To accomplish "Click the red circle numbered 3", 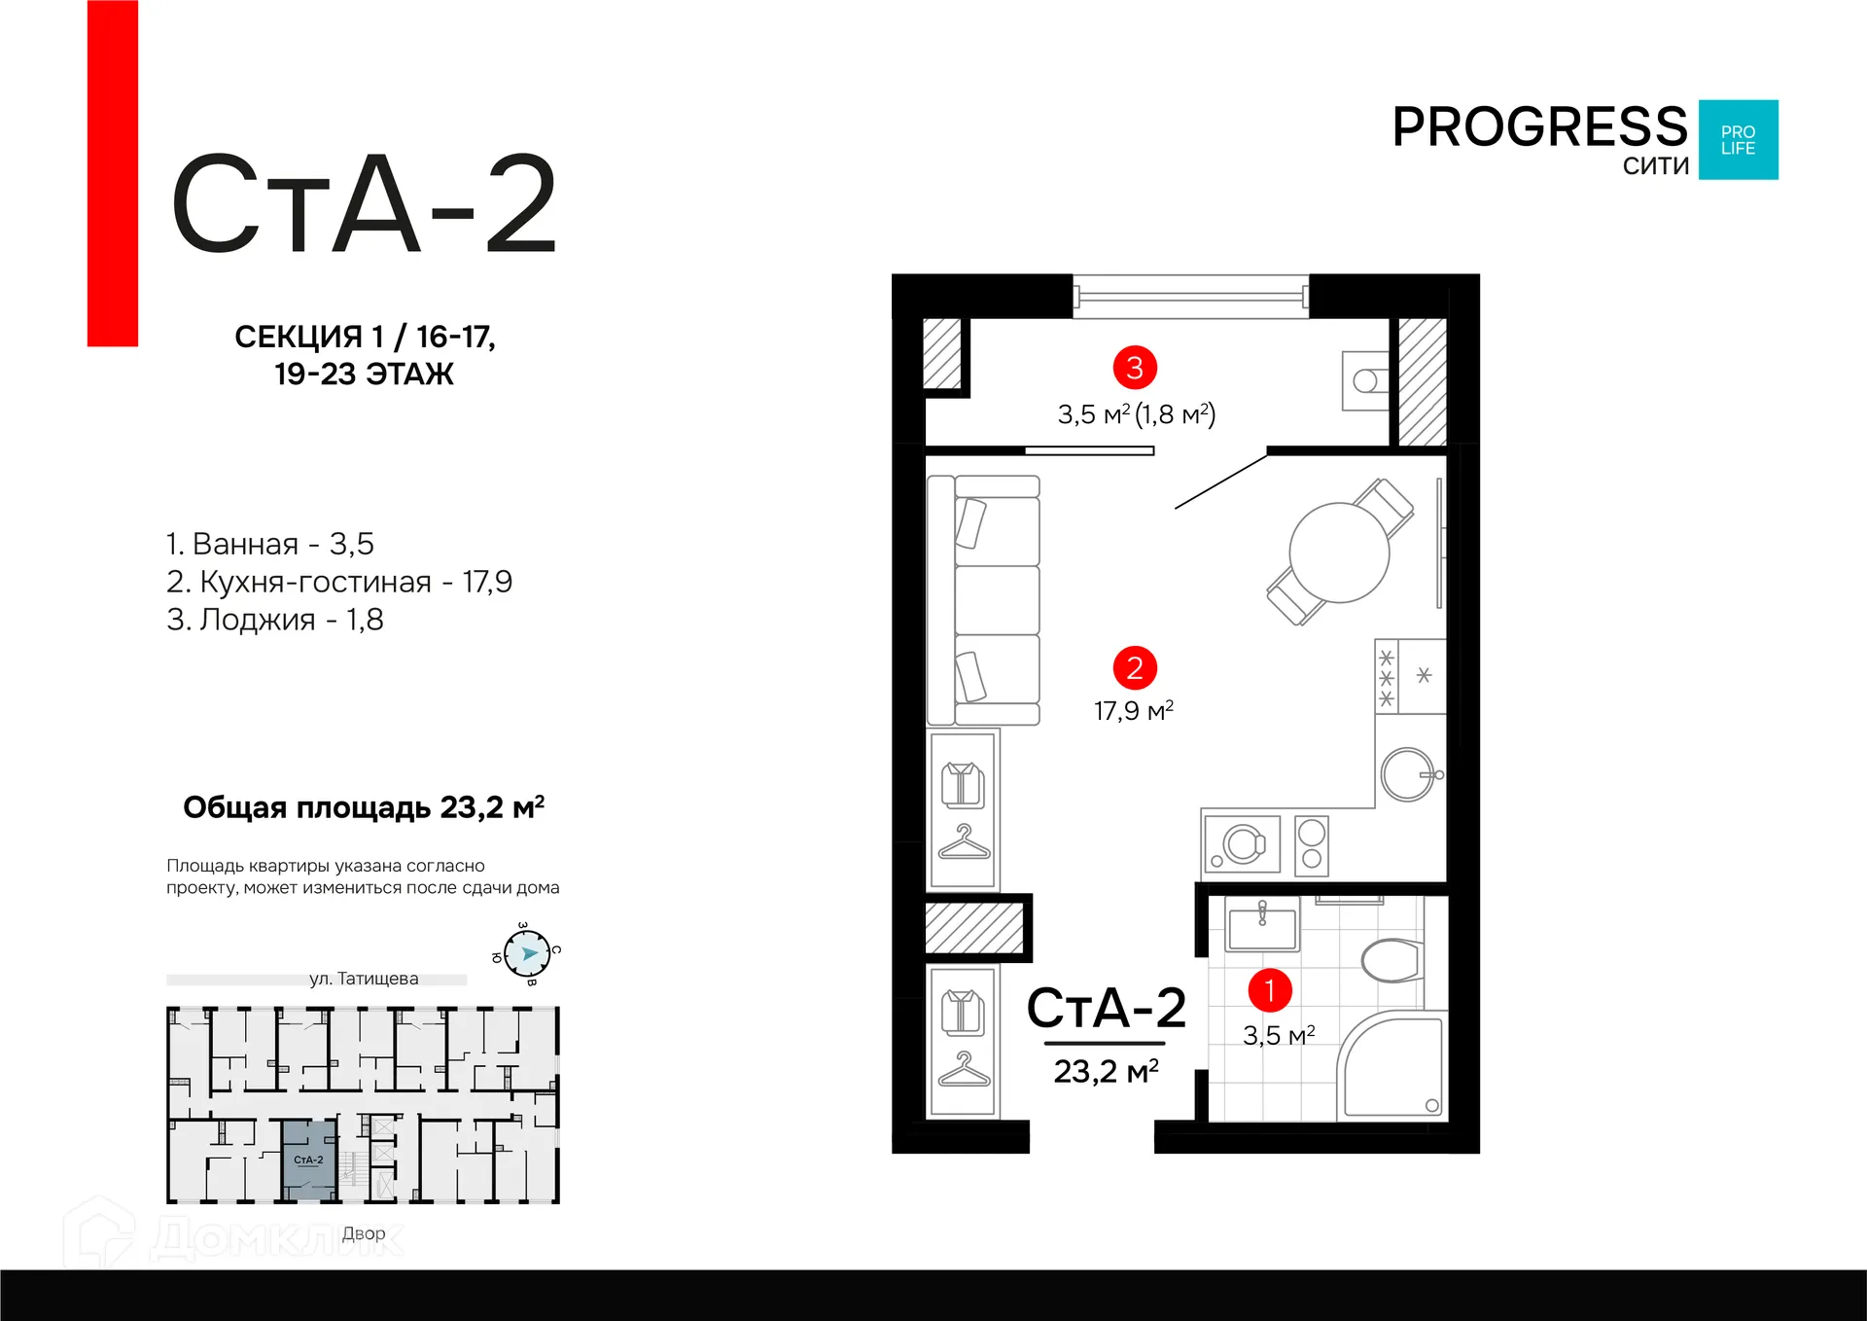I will (1134, 368).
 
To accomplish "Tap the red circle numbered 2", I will (1134, 668).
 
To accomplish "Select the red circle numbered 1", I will (1269, 990).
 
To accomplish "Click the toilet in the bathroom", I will (1392, 960).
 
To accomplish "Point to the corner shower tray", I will (1393, 1067).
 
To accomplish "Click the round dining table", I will (1339, 553).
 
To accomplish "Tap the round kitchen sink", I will (1407, 774).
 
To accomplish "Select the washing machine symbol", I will (1242, 843).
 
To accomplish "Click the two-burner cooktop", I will (1312, 844).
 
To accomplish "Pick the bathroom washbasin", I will (1262, 928).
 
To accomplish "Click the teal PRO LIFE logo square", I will (1738, 140).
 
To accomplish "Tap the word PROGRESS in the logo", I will (1539, 127).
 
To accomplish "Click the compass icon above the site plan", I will (528, 953).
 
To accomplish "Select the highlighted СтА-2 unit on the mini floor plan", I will (309, 1159).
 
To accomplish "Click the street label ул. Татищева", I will (364, 979).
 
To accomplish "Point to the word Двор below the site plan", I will (364, 1233).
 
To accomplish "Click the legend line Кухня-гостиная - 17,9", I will (338, 582).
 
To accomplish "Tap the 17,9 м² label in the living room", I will (1134, 711).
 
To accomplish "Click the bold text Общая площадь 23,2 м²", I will (364, 807).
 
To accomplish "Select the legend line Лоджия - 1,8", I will (275, 620).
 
